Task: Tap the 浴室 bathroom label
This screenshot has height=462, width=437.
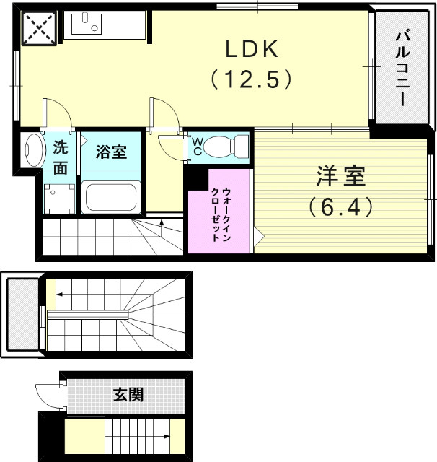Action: (111, 152)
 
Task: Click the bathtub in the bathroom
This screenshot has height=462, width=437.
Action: (110, 196)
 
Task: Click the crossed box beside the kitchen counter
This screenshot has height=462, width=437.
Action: (36, 28)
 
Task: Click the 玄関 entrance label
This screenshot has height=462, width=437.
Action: (128, 395)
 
